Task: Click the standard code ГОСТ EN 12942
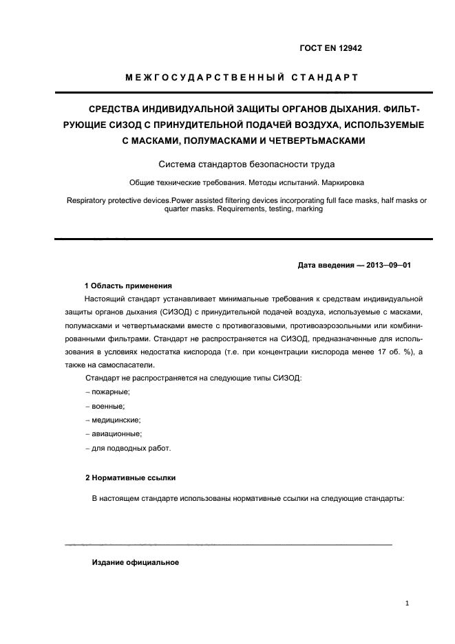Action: tap(330, 48)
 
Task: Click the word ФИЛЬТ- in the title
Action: tap(399, 109)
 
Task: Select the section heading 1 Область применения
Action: tap(127, 286)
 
